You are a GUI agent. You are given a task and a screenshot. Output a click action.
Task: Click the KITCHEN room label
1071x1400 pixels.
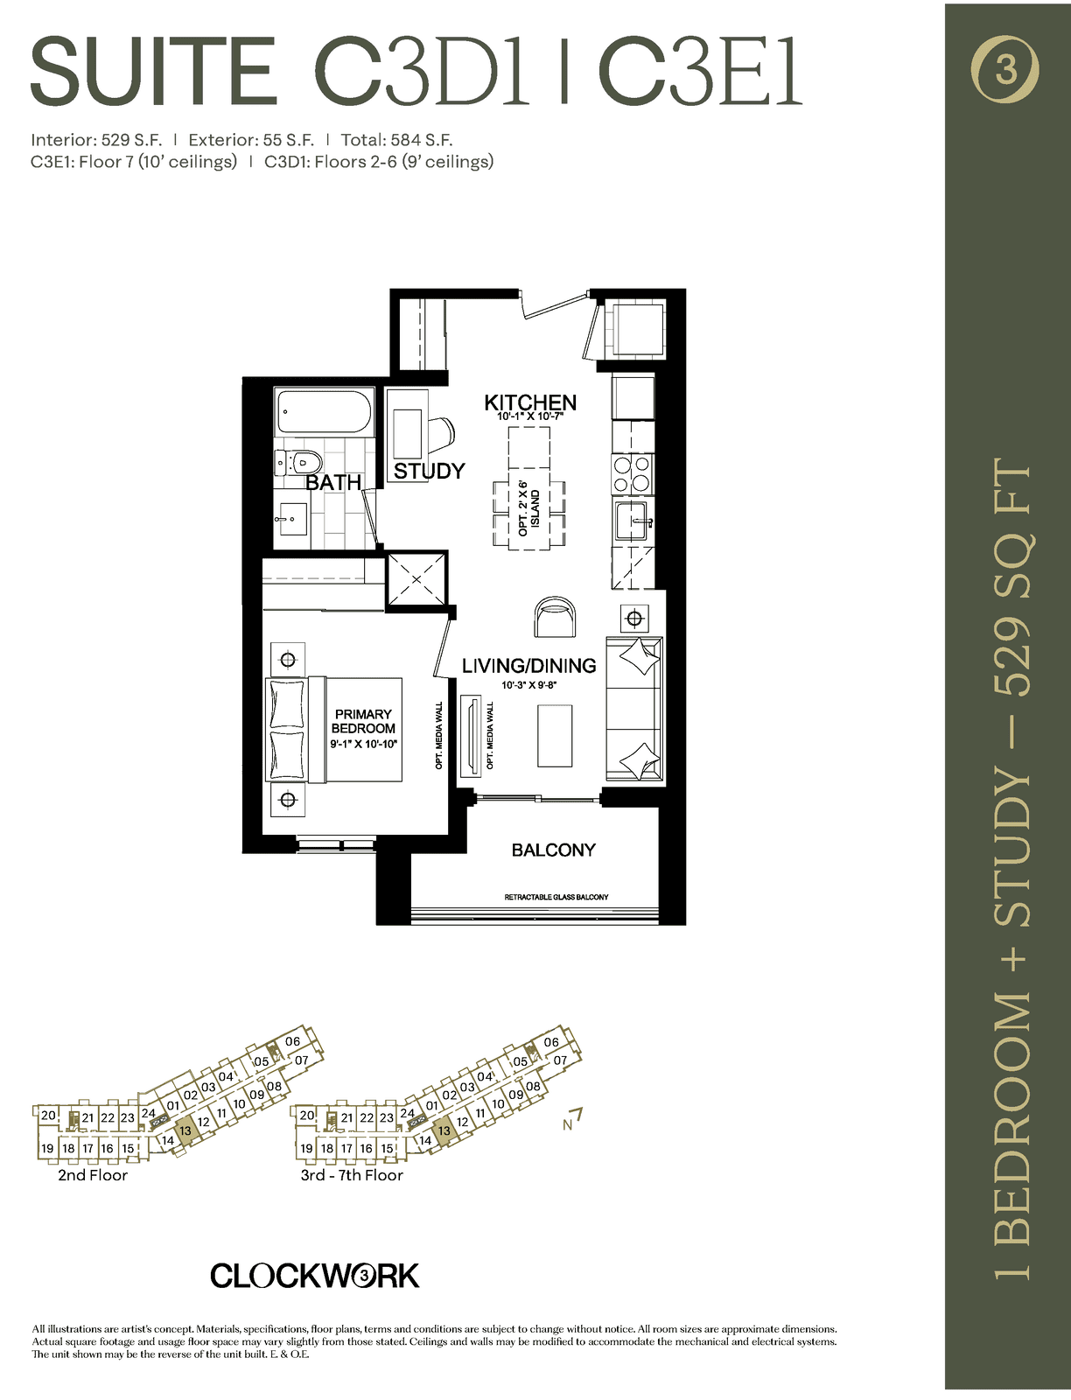(x=530, y=402)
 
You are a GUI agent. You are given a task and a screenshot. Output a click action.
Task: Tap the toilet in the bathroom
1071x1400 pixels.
(x=298, y=462)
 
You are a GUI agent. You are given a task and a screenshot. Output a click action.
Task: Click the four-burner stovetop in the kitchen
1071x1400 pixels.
(x=632, y=474)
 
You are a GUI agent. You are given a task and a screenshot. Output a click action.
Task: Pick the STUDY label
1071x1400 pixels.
(x=430, y=471)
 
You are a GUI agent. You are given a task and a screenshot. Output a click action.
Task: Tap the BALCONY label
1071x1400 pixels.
(x=553, y=850)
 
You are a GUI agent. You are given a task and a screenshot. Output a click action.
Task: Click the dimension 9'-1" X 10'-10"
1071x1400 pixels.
(x=364, y=744)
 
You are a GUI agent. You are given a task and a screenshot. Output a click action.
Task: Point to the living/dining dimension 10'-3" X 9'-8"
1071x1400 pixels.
(x=529, y=686)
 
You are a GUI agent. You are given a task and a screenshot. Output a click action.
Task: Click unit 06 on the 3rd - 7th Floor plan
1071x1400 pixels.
(x=550, y=1042)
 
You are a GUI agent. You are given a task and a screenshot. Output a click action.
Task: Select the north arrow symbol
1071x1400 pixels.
(x=573, y=1120)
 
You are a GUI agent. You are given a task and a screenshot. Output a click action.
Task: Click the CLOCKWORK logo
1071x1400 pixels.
(x=314, y=1276)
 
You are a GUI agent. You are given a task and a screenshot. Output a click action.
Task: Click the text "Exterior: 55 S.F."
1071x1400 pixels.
(x=250, y=140)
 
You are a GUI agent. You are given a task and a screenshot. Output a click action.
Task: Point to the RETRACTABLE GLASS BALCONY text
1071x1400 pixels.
(x=556, y=897)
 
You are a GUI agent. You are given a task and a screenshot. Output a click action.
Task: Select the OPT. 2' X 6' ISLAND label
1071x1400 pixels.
(x=529, y=513)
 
